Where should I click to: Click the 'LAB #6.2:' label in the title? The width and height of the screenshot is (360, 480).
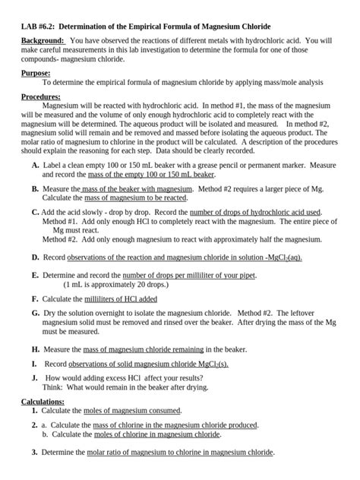[39, 27]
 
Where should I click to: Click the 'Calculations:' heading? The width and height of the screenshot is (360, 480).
[43, 400]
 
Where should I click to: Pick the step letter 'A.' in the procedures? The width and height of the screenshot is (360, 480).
[36, 165]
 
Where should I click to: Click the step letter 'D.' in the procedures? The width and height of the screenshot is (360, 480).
[36, 257]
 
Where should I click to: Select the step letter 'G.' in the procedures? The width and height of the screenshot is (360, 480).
[36, 312]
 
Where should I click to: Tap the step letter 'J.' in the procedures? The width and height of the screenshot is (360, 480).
[35, 377]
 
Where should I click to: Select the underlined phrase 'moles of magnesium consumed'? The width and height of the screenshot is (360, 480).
[132, 410]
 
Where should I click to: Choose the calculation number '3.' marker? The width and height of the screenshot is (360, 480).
[35, 452]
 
